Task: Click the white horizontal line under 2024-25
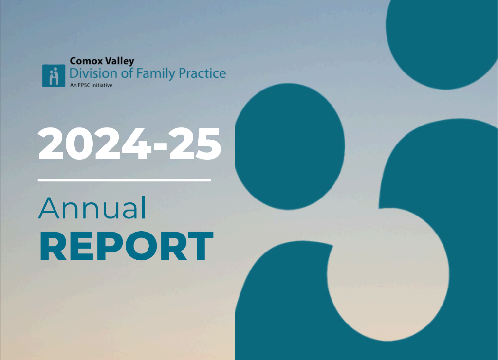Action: click(x=124, y=180)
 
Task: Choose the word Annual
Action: click(x=92, y=208)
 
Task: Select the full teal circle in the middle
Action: click(x=289, y=146)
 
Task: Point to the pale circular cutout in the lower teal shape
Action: click(x=387, y=274)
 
